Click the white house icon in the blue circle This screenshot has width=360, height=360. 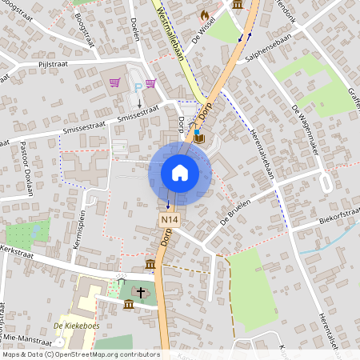pos(180,173)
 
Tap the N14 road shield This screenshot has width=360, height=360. pos(168,219)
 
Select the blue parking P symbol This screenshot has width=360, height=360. pos(138,86)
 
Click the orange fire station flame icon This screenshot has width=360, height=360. pos(204,14)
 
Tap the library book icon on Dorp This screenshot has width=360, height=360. pos(198,138)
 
